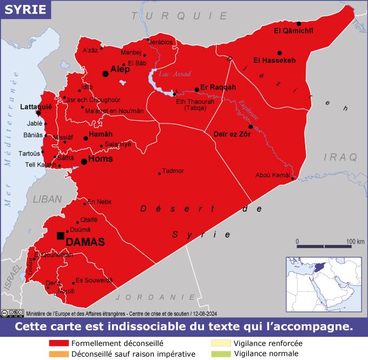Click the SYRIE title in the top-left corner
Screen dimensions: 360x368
pos(21,10)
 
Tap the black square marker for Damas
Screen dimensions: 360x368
pos(60,235)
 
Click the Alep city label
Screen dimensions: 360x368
pos(120,69)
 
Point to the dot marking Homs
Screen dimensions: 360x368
pos(84,161)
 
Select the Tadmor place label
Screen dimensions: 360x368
pos(173,171)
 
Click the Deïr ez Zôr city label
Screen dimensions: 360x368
pos(232,134)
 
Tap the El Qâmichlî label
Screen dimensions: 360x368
pos(294,30)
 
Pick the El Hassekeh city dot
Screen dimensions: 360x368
pos(280,53)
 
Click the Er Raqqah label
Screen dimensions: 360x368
pos(218,87)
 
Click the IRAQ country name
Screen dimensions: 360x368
pos(340,157)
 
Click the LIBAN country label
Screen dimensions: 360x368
pos(48,199)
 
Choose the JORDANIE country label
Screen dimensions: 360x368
pos(155,297)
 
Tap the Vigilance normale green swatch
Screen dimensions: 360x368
pos(221,354)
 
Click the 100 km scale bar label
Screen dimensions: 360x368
pos(356,241)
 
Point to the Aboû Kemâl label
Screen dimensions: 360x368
pos(273,175)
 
